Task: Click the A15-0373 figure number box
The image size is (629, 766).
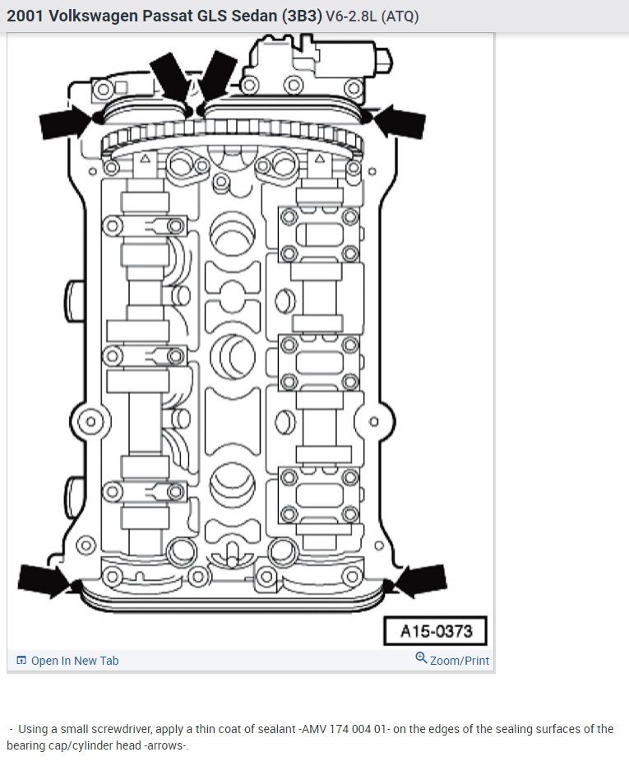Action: (x=436, y=632)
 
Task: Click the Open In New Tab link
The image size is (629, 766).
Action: (x=74, y=661)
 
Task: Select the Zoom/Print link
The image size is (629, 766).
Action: (x=459, y=661)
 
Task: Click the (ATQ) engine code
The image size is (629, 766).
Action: (x=402, y=16)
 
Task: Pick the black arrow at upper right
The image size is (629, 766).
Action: (x=400, y=121)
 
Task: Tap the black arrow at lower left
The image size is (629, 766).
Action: (x=46, y=579)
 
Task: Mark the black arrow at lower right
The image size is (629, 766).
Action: (x=421, y=579)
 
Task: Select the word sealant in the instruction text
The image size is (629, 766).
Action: (x=272, y=729)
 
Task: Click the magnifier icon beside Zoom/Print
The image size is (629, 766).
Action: (x=421, y=659)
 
